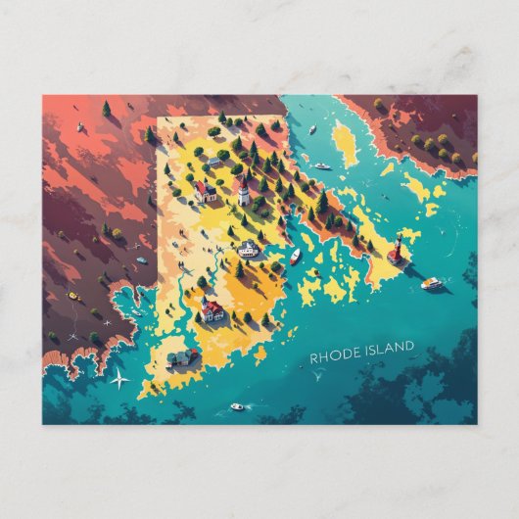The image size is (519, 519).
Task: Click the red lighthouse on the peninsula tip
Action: (x=397, y=251)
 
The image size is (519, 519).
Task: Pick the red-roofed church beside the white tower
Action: (x=206, y=191)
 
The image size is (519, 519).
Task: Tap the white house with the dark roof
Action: (x=249, y=249)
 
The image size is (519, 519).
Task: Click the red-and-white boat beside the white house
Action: (x=295, y=257)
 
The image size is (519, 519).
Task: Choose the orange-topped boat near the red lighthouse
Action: (x=431, y=284)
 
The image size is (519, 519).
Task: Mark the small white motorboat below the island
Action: (x=237, y=405)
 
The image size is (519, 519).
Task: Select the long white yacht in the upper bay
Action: (x=321, y=165)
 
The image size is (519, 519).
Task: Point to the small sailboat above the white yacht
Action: (x=311, y=129)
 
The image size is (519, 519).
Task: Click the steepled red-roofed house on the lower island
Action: (x=212, y=310)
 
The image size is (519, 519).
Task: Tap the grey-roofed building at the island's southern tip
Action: (x=183, y=358)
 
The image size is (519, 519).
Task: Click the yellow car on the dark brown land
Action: (x=73, y=295)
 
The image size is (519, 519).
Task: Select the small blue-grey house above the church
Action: (x=213, y=161)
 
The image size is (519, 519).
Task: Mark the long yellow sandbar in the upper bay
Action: (x=345, y=142)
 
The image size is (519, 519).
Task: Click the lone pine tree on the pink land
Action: (x=106, y=109)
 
